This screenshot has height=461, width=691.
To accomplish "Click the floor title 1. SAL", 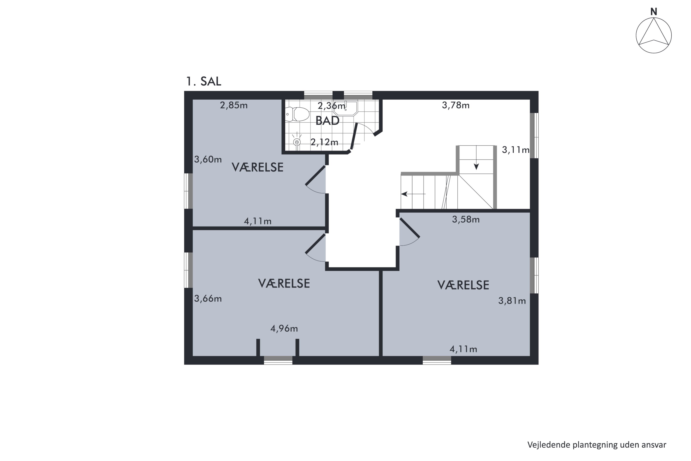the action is click(204, 81).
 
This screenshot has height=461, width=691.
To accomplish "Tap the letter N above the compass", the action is click(654, 12).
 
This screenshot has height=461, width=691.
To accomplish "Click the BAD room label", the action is click(327, 121).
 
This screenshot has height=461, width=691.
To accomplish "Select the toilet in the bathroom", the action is click(297, 114).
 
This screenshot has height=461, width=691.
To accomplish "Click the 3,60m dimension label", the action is click(208, 159).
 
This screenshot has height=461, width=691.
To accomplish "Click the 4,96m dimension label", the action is click(284, 328).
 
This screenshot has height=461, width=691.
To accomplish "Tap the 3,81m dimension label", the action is click(512, 301).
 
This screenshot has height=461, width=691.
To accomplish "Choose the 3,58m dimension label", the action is click(466, 219).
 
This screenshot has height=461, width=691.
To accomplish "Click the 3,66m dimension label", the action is click(208, 299).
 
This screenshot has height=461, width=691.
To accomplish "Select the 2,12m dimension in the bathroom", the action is click(324, 142).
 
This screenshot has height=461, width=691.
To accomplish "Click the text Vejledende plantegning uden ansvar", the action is click(597, 445).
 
